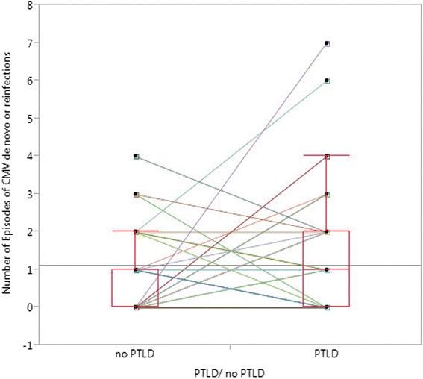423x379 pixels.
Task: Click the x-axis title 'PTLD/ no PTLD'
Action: pyautogui.click(x=231, y=371)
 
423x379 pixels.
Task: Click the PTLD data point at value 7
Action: pyautogui.click(x=327, y=43)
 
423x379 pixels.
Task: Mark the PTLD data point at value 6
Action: pyautogui.click(x=327, y=81)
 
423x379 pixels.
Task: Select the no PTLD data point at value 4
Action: pyautogui.click(x=136, y=156)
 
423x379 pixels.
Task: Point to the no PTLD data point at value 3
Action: pyautogui.click(x=136, y=194)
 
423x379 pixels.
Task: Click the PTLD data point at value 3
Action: pyautogui.click(x=327, y=194)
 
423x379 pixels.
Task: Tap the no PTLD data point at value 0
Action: pyautogui.click(x=136, y=307)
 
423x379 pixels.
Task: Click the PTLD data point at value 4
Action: pyautogui.click(x=327, y=156)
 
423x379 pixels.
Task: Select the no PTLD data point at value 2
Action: pyautogui.click(x=136, y=231)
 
